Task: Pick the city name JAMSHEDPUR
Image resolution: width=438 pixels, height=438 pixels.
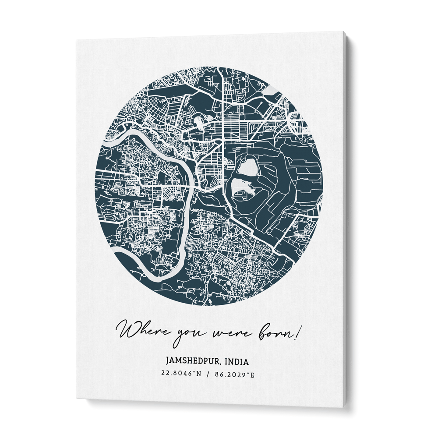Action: [x=193, y=362]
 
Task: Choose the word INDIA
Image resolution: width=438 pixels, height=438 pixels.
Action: [x=236, y=362]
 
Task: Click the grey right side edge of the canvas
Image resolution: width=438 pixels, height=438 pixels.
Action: [x=350, y=219]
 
